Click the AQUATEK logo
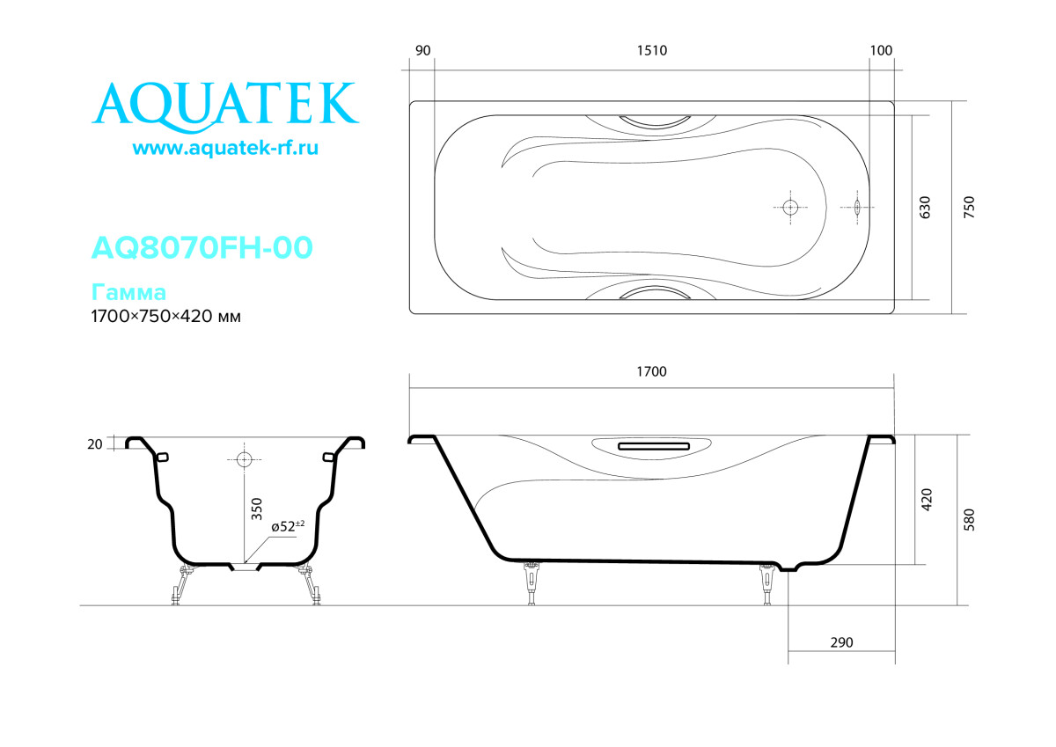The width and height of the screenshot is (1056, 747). [x=225, y=104]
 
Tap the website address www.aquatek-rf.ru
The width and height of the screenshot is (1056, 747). [x=225, y=149]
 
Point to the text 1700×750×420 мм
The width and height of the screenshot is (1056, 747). [x=166, y=317]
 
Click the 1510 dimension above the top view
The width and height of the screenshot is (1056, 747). [x=652, y=50]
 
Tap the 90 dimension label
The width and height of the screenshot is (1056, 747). [x=422, y=50]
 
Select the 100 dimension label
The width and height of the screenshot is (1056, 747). [x=881, y=50]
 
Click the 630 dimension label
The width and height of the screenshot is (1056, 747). [x=925, y=208]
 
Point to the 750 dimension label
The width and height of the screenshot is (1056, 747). [x=969, y=208]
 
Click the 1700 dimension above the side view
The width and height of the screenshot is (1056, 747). [x=652, y=372]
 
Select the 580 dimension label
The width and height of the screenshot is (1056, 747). [x=969, y=520]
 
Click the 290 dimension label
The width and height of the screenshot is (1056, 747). [x=841, y=643]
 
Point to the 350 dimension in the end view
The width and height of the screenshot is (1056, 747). [x=257, y=509]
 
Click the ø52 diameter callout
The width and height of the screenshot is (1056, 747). [x=287, y=526]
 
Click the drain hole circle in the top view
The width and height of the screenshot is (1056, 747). [x=789, y=208]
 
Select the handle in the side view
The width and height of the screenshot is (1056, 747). [x=652, y=446]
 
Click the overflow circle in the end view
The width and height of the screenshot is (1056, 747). [x=244, y=459]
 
